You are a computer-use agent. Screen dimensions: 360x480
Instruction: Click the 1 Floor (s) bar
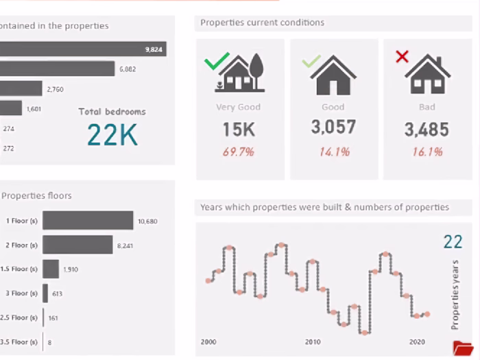coord(88,220)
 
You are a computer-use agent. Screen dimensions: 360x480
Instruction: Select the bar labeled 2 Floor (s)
coord(77,245)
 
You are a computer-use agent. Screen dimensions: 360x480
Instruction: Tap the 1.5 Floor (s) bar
coord(51,269)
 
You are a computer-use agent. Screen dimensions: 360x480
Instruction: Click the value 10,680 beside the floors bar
coord(147,221)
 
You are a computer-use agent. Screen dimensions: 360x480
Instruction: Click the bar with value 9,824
coord(82,49)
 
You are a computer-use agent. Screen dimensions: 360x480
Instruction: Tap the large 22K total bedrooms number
coord(112,135)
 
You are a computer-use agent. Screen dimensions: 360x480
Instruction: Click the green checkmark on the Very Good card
coord(216,62)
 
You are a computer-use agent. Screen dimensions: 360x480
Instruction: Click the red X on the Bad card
coord(402,57)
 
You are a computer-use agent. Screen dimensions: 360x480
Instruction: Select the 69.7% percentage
coord(239,152)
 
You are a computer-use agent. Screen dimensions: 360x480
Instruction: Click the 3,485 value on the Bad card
coord(426,130)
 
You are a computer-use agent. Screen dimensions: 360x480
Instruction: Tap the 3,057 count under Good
coord(333,127)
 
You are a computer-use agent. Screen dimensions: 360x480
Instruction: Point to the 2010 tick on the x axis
coord(313,341)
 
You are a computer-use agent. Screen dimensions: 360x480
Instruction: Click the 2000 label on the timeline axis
coord(208,341)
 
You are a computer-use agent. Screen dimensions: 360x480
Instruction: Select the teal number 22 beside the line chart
coord(453,241)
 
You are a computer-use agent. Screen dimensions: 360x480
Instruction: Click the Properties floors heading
coord(36,195)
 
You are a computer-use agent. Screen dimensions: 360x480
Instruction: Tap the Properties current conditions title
coord(262,23)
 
